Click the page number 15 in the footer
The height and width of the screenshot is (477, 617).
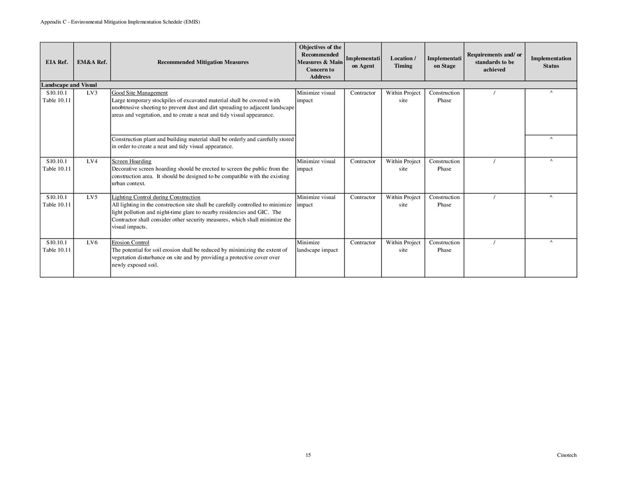click(x=308, y=455)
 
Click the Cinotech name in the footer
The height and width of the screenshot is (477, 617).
click(x=566, y=455)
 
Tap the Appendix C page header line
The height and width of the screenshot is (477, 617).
click(x=120, y=22)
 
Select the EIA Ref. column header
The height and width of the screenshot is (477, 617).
click(x=56, y=62)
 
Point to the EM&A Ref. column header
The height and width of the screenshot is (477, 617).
click(x=92, y=62)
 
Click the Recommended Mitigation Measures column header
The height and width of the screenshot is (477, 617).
click(x=203, y=62)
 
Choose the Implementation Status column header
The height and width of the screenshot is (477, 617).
click(x=551, y=62)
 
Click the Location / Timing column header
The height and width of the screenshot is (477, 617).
click(x=403, y=62)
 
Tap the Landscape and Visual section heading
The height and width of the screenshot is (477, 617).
click(x=69, y=85)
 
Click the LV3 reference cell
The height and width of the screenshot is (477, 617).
click(x=92, y=93)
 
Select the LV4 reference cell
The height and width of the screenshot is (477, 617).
click(x=92, y=162)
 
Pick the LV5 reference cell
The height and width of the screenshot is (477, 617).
click(x=92, y=197)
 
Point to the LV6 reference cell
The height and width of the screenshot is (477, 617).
click(x=92, y=243)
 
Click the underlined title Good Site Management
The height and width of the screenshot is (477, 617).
click(x=140, y=93)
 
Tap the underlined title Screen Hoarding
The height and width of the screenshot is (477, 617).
click(x=131, y=162)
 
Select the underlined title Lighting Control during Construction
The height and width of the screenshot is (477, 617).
click(x=156, y=197)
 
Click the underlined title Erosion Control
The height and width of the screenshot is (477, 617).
click(x=130, y=243)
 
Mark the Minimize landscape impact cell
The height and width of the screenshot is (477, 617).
click(x=317, y=246)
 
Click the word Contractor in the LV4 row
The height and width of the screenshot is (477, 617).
click(x=362, y=162)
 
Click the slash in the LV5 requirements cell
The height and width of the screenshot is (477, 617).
click(x=494, y=197)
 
